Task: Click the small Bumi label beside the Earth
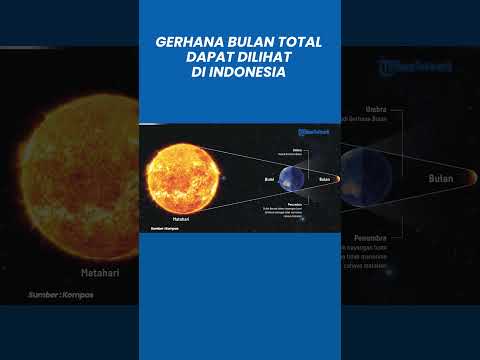tap(269, 179)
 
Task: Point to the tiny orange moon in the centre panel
tap(337, 179)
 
